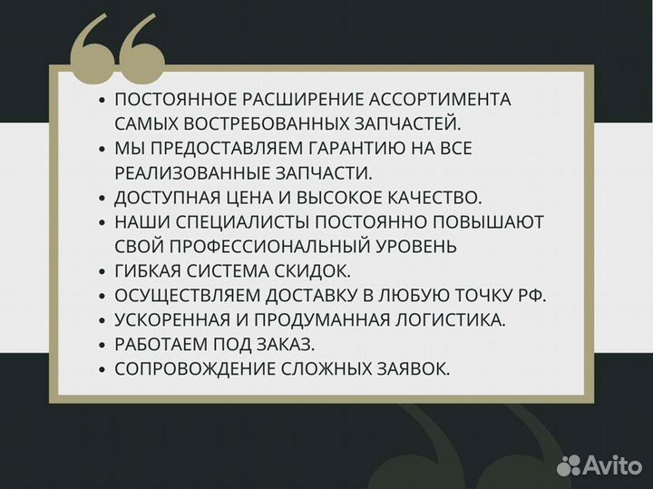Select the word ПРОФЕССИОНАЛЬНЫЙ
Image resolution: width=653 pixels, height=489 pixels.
point(268,246)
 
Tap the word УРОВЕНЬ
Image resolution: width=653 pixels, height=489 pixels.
point(416,246)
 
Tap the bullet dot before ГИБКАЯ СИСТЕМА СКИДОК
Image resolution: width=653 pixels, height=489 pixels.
point(102,271)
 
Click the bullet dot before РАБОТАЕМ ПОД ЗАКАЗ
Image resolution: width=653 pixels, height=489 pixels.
point(102,345)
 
